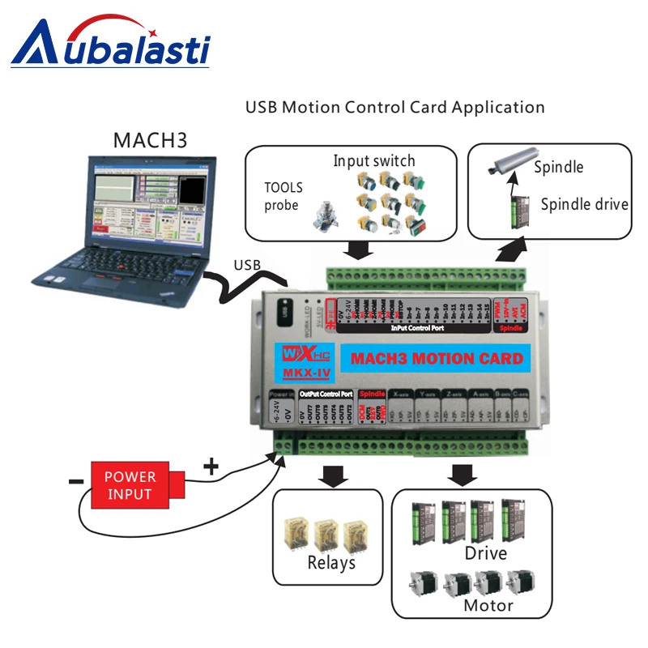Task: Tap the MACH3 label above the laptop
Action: coord(150,139)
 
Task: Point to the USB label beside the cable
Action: coord(246,265)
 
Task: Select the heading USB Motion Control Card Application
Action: coord(394,107)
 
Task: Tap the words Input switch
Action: coord(374,160)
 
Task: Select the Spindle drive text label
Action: coord(584,204)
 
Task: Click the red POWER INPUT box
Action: coord(130,485)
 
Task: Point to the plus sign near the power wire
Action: coord(210,466)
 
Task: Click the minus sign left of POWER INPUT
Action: coord(75,482)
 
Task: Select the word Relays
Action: coord(331,562)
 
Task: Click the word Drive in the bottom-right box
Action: coord(485,553)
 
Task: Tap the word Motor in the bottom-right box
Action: coord(488,605)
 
